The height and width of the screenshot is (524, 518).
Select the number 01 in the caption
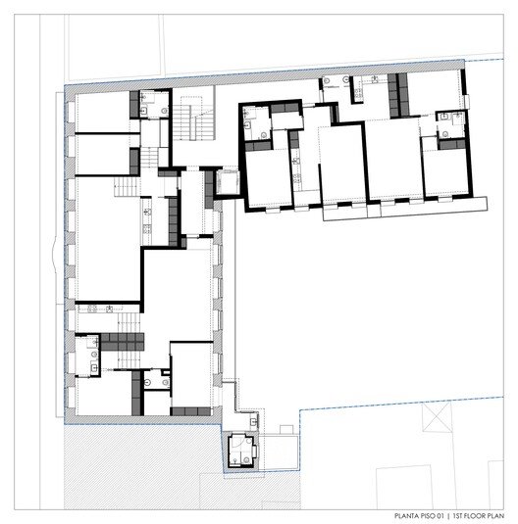440,516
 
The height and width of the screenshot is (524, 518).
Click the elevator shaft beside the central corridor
228,182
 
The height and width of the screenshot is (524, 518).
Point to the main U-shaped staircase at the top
193,119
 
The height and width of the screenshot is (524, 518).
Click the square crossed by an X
437,416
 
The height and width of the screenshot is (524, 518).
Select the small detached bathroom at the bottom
241,452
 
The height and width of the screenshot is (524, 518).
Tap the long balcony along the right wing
404,209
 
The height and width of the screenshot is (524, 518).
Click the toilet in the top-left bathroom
164,111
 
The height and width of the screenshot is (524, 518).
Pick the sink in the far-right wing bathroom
444,117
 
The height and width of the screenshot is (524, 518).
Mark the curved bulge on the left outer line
53,254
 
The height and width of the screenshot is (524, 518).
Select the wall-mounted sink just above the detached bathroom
254,422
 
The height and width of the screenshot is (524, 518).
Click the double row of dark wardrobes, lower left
123,342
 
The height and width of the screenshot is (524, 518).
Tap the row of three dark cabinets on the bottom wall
190,411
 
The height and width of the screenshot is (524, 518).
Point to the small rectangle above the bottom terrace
286,429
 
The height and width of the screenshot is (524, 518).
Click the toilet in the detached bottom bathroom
247,459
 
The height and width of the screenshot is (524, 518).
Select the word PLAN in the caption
495,516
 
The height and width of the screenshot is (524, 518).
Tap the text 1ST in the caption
458,516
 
